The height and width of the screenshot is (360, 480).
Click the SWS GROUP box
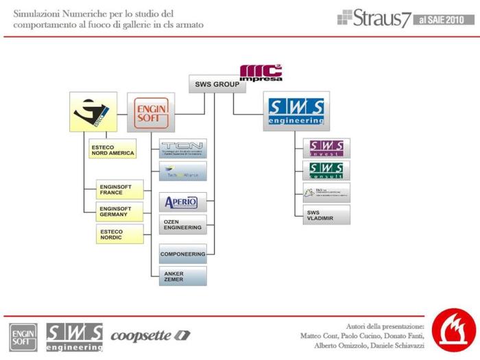point(215,84)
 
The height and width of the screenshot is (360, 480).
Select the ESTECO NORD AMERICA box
point(112,149)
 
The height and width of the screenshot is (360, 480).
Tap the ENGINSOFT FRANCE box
point(121,189)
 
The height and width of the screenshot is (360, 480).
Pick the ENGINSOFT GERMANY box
point(121,212)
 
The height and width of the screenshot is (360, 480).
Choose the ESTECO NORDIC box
point(120,235)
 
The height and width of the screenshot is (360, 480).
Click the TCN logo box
point(182,148)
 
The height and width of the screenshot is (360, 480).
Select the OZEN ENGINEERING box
point(182,225)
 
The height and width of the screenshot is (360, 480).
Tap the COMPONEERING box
point(182,254)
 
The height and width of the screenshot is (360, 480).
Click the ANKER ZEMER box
point(182,276)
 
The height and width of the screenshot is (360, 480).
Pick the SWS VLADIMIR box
point(326,215)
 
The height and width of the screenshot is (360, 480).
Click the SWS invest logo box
point(326,148)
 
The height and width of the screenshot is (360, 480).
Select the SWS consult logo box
point(326,170)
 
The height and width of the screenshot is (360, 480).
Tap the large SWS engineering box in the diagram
point(296,111)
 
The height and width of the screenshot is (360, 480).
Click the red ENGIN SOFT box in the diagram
point(150,112)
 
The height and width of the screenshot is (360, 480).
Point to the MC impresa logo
point(261,73)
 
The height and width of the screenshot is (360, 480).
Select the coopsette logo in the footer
point(150,336)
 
